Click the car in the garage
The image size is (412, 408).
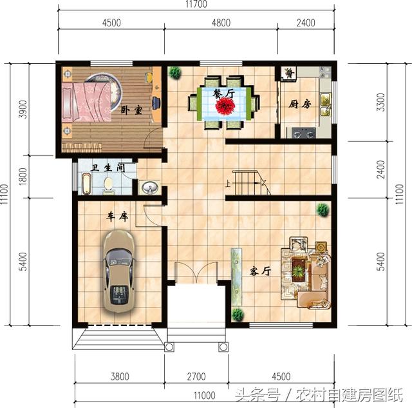(118, 271)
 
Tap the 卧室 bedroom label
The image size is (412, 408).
(131, 110)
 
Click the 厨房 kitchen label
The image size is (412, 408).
(300, 104)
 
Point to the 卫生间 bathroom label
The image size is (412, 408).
(108, 168)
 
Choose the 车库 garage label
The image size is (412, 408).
(117, 217)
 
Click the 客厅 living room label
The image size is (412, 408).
(260, 271)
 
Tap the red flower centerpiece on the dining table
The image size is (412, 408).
(225, 106)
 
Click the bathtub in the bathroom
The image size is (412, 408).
(86, 184)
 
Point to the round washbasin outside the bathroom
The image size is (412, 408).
(150, 188)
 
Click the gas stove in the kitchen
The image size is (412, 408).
(304, 132)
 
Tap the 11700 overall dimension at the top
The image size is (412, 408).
(196, 4)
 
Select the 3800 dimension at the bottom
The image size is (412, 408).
(120, 376)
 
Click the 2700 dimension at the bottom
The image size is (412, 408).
(196, 376)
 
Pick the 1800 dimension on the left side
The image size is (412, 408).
(23, 177)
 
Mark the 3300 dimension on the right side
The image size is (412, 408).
(380, 102)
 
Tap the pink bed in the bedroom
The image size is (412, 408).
(87, 102)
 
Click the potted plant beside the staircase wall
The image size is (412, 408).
(323, 209)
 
